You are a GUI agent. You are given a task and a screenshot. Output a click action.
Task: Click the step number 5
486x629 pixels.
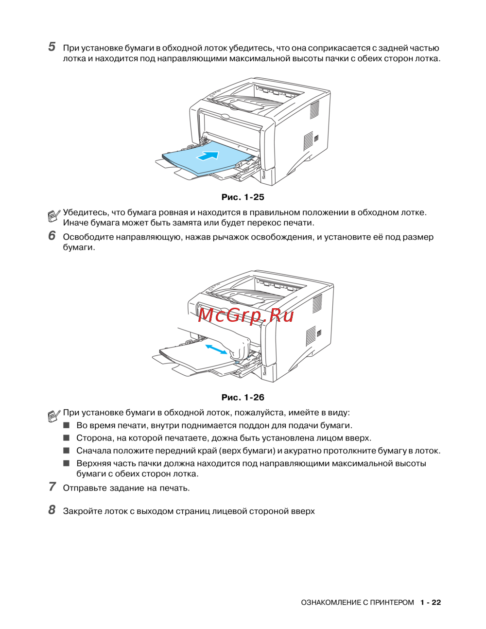[52, 47]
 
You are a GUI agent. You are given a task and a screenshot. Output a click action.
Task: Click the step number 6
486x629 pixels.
[52, 236]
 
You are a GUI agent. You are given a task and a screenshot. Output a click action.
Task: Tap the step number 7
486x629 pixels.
[52, 487]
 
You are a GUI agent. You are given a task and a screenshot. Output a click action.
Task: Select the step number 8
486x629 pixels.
[52, 510]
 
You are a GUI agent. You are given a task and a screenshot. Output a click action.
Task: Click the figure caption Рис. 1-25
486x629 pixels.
[243, 197]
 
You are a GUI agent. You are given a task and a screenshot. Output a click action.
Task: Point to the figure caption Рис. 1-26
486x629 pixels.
[243, 397]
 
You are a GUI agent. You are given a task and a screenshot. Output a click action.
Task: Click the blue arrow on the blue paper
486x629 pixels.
[208, 156]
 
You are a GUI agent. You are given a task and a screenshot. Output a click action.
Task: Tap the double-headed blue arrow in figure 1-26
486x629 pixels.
[216, 349]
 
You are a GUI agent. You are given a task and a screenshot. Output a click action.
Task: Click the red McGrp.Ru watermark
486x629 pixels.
[246, 315]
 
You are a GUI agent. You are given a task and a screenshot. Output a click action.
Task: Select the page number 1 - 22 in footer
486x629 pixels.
[431, 602]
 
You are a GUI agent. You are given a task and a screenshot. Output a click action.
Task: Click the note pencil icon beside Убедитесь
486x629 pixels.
[54, 214]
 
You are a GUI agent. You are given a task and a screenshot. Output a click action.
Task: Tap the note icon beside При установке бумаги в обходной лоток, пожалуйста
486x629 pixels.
[54, 415]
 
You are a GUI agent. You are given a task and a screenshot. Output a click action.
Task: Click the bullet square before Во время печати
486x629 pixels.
[67, 425]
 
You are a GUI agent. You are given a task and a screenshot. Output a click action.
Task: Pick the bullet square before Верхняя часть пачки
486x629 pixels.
[67, 463]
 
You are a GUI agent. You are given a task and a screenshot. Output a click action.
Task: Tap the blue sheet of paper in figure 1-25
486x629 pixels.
[194, 163]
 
